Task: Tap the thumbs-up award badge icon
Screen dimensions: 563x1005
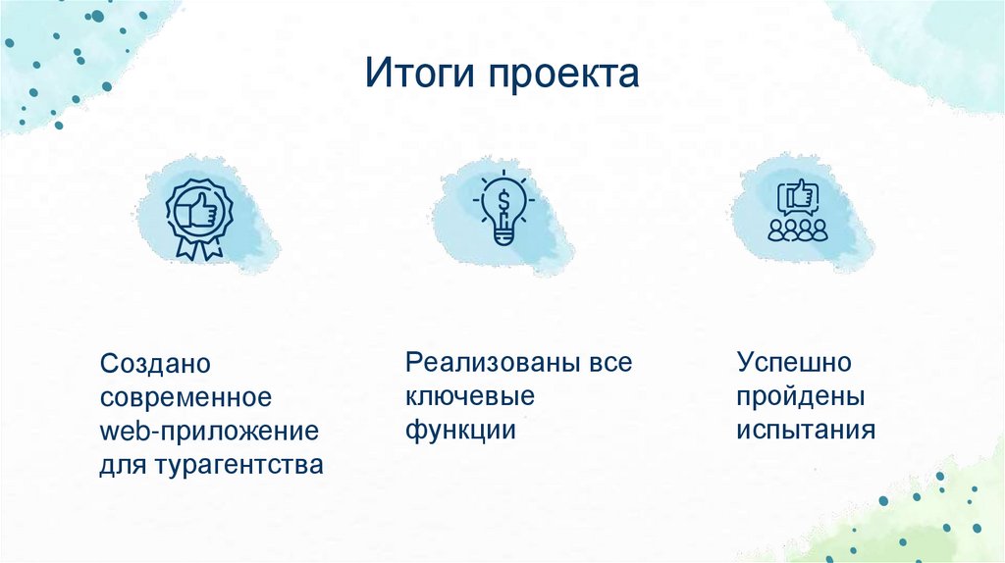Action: point(198,216)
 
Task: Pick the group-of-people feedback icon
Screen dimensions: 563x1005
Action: point(797,213)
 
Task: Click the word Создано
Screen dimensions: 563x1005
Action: point(155,364)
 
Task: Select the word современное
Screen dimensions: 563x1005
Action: point(184,397)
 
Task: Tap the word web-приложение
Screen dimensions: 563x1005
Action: point(210,431)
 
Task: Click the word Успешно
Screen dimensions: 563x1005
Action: point(794,362)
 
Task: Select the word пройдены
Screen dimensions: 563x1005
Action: point(801,396)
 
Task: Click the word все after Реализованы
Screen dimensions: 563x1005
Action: point(610,362)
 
